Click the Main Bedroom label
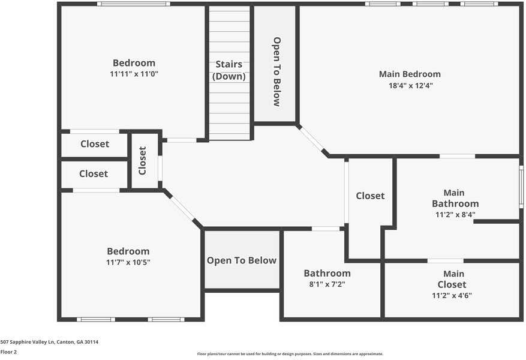click(x=410, y=74)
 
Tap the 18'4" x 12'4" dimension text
click(x=410, y=86)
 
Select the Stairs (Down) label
click(x=229, y=70)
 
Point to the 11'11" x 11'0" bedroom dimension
click(x=134, y=74)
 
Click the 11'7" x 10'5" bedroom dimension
click(x=128, y=262)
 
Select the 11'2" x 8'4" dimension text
click(x=456, y=214)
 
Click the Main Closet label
click(x=452, y=279)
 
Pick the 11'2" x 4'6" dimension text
click(x=452, y=295)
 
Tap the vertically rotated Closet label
click(x=143, y=161)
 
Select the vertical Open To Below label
click(x=276, y=71)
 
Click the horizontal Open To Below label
click(x=242, y=260)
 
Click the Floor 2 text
click(x=8, y=352)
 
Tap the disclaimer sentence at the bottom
click(x=290, y=354)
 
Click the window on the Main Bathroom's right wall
click(x=521, y=187)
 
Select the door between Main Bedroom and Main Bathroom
click(x=457, y=157)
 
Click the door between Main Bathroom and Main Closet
click(x=445, y=261)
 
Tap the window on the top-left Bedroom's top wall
click(x=134, y=4)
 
